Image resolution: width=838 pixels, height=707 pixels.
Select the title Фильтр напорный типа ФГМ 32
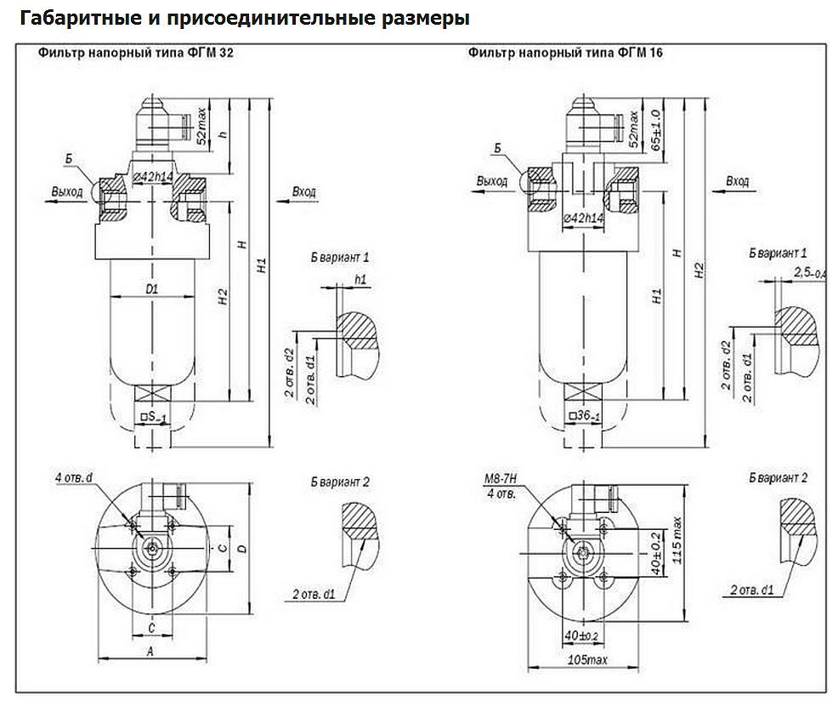pyautogui.click(x=136, y=53)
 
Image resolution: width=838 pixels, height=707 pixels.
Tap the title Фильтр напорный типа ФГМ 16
pyautogui.click(x=565, y=53)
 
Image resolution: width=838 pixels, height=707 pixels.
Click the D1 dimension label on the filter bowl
pyautogui.click(x=152, y=289)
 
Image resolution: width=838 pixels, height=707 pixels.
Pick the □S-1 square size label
pyautogui.click(x=153, y=417)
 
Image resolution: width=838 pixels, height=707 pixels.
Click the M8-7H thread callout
pyautogui.click(x=499, y=482)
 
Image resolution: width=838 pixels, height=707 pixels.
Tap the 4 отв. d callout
pyautogui.click(x=74, y=479)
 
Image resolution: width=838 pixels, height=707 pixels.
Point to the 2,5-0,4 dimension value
pyautogui.click(x=807, y=272)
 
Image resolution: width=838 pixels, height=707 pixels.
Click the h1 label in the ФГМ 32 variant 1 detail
pyautogui.click(x=361, y=279)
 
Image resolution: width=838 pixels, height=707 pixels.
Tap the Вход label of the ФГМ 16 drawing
pyautogui.click(x=738, y=181)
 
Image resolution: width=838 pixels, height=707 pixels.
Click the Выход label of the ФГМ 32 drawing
pyautogui.click(x=66, y=191)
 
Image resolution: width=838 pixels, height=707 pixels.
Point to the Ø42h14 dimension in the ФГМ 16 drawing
pyautogui.click(x=584, y=219)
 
